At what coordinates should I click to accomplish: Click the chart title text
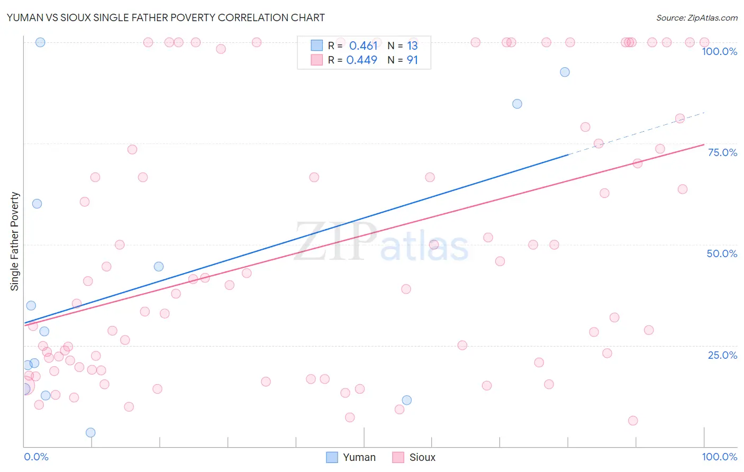tap(166, 17)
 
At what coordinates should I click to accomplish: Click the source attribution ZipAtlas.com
tap(696, 17)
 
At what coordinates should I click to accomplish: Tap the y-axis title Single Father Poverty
tap(15, 241)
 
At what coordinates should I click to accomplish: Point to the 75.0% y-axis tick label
tap(722, 152)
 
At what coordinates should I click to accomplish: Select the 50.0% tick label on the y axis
tap(722, 253)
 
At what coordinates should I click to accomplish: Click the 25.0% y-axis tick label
tap(722, 355)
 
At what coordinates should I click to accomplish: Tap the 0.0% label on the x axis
tap(36, 457)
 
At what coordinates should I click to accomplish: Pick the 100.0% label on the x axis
tap(719, 457)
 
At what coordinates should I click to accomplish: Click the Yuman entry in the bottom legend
tap(351, 457)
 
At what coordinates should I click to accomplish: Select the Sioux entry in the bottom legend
tap(414, 457)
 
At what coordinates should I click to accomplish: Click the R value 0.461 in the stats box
tap(363, 46)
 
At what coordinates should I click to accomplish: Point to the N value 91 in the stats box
tap(412, 60)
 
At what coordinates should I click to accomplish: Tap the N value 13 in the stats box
tap(412, 46)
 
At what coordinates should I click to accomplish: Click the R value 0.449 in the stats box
tap(361, 60)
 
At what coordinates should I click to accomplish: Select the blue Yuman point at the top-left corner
tap(40, 42)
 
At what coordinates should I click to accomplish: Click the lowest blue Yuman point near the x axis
tap(90, 432)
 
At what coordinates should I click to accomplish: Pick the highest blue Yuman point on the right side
tap(565, 72)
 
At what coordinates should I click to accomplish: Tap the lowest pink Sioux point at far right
tap(633, 421)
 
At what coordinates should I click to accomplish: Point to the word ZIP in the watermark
tap(335, 241)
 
